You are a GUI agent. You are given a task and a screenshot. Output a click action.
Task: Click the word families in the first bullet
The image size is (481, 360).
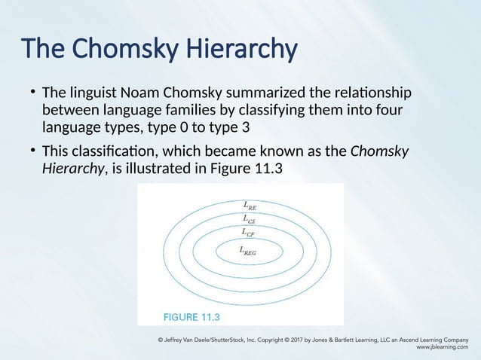pyautogui.click(x=174, y=110)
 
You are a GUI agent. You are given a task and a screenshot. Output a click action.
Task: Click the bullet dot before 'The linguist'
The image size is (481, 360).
pyautogui.click(x=33, y=93)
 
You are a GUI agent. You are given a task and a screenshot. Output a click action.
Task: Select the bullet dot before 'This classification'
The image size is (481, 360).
pyautogui.click(x=33, y=150)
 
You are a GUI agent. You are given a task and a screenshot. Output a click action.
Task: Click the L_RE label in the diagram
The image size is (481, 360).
pyautogui.click(x=250, y=204)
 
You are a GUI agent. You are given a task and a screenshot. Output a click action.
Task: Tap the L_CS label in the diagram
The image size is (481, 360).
pyautogui.click(x=249, y=218)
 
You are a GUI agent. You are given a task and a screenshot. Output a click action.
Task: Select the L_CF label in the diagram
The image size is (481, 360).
pyautogui.click(x=249, y=233)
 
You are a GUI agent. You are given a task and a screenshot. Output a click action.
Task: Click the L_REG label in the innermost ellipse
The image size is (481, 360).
pyautogui.click(x=247, y=251)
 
